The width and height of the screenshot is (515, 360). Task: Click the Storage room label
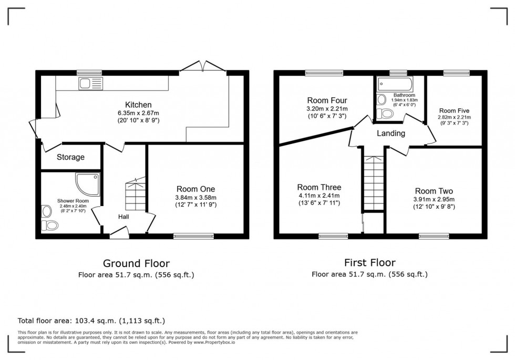coord(70,157)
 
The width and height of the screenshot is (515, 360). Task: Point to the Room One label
coord(195,189)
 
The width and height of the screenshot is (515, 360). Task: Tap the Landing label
coord(390,133)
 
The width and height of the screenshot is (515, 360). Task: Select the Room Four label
coord(327,100)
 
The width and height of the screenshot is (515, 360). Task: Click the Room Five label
coord(454,111)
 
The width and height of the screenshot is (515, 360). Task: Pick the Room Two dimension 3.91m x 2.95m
coord(434,199)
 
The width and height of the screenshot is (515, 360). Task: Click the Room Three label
coord(319,187)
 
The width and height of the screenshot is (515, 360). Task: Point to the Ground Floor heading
coord(136,263)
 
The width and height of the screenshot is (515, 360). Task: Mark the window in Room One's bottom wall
coord(194,236)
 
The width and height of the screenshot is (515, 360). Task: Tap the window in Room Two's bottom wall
coord(434,236)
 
